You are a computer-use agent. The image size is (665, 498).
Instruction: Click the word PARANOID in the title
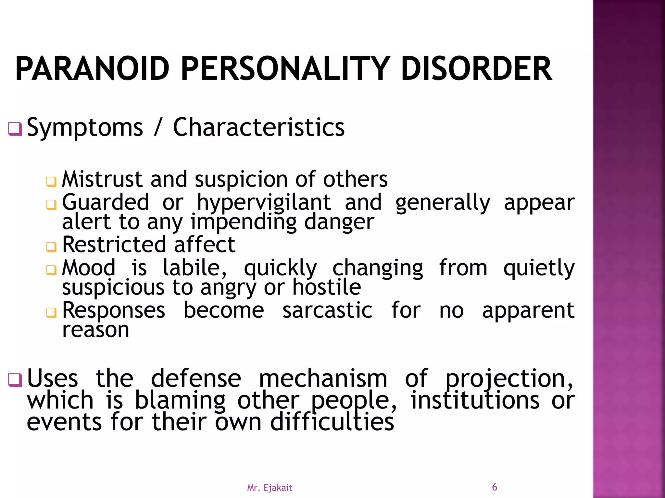click(92, 69)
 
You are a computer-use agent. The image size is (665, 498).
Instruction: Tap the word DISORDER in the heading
click(476, 69)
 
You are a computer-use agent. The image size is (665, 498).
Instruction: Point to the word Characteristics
click(258, 127)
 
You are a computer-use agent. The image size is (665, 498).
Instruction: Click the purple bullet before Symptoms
click(15, 129)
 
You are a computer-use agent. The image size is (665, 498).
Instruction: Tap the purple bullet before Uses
click(15, 380)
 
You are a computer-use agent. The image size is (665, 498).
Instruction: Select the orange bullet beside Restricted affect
click(51, 247)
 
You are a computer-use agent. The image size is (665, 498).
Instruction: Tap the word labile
click(194, 268)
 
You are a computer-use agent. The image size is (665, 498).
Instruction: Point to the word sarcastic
click(327, 311)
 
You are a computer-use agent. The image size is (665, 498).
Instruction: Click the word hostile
click(327, 288)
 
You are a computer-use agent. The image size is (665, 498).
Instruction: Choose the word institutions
click(475, 401)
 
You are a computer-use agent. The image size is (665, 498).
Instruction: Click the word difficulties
click(332, 422)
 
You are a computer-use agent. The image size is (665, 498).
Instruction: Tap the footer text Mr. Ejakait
click(270, 488)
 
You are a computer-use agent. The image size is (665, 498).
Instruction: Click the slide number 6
click(494, 487)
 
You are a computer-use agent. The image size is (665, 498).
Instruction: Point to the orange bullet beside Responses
click(51, 313)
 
